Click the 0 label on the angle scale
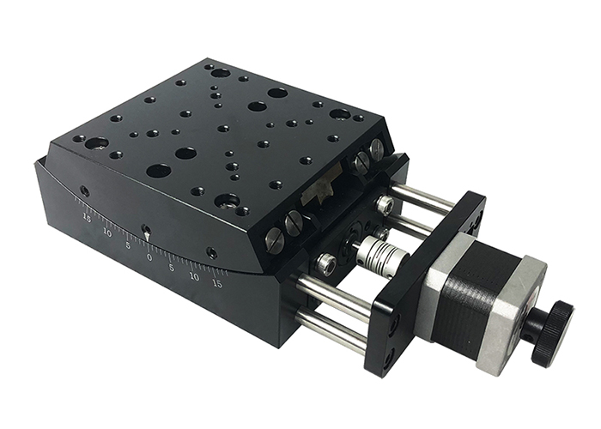point(149,256)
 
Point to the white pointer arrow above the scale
point(146,233)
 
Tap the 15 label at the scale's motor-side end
point(217,282)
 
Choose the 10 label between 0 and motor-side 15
point(195,276)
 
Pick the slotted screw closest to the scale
point(274,238)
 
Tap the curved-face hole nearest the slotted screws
point(211,252)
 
